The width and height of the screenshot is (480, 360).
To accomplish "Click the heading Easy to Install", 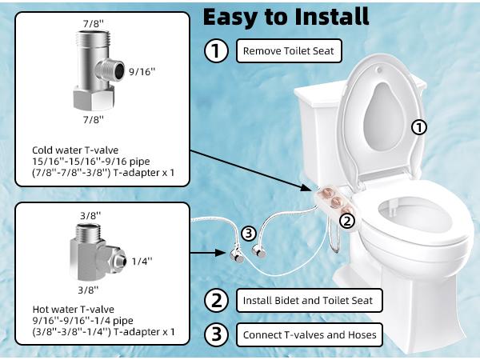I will click(x=286, y=16).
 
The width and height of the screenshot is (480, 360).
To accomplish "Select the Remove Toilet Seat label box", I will click(x=288, y=52).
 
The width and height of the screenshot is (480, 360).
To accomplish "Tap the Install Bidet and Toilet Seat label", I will click(x=309, y=301).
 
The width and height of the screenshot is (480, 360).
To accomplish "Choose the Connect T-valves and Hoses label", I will click(x=309, y=334).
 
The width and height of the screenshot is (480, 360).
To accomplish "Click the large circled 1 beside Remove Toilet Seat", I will click(x=215, y=52).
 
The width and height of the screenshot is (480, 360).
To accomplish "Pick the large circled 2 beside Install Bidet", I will click(x=215, y=301).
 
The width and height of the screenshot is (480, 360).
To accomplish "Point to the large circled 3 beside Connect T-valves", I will click(x=215, y=334).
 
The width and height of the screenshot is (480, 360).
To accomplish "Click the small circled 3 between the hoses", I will click(x=249, y=234).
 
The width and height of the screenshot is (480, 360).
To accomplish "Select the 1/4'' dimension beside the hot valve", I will click(x=141, y=260).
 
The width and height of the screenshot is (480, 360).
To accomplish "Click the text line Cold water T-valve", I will click(x=69, y=150).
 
